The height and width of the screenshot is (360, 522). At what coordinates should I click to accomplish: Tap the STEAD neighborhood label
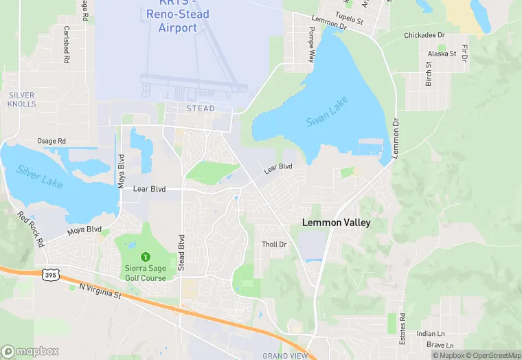pos(201,109)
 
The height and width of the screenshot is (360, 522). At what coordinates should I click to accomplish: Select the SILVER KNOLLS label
pos(22,98)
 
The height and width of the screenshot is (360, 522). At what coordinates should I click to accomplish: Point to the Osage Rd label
pos(52,141)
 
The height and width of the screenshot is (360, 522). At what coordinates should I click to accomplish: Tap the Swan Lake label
pos(327,111)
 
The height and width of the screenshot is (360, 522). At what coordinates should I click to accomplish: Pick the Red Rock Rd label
pos(32,228)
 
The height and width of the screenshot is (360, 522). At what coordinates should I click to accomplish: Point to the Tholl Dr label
pos(274,244)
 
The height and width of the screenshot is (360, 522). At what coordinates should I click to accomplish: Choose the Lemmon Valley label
pos(337,223)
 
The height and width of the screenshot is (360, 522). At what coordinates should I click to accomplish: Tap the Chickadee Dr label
pos(424,35)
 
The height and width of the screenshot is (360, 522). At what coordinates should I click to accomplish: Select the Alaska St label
pos(442,53)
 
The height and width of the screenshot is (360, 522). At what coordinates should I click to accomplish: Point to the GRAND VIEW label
pos(286,355)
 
